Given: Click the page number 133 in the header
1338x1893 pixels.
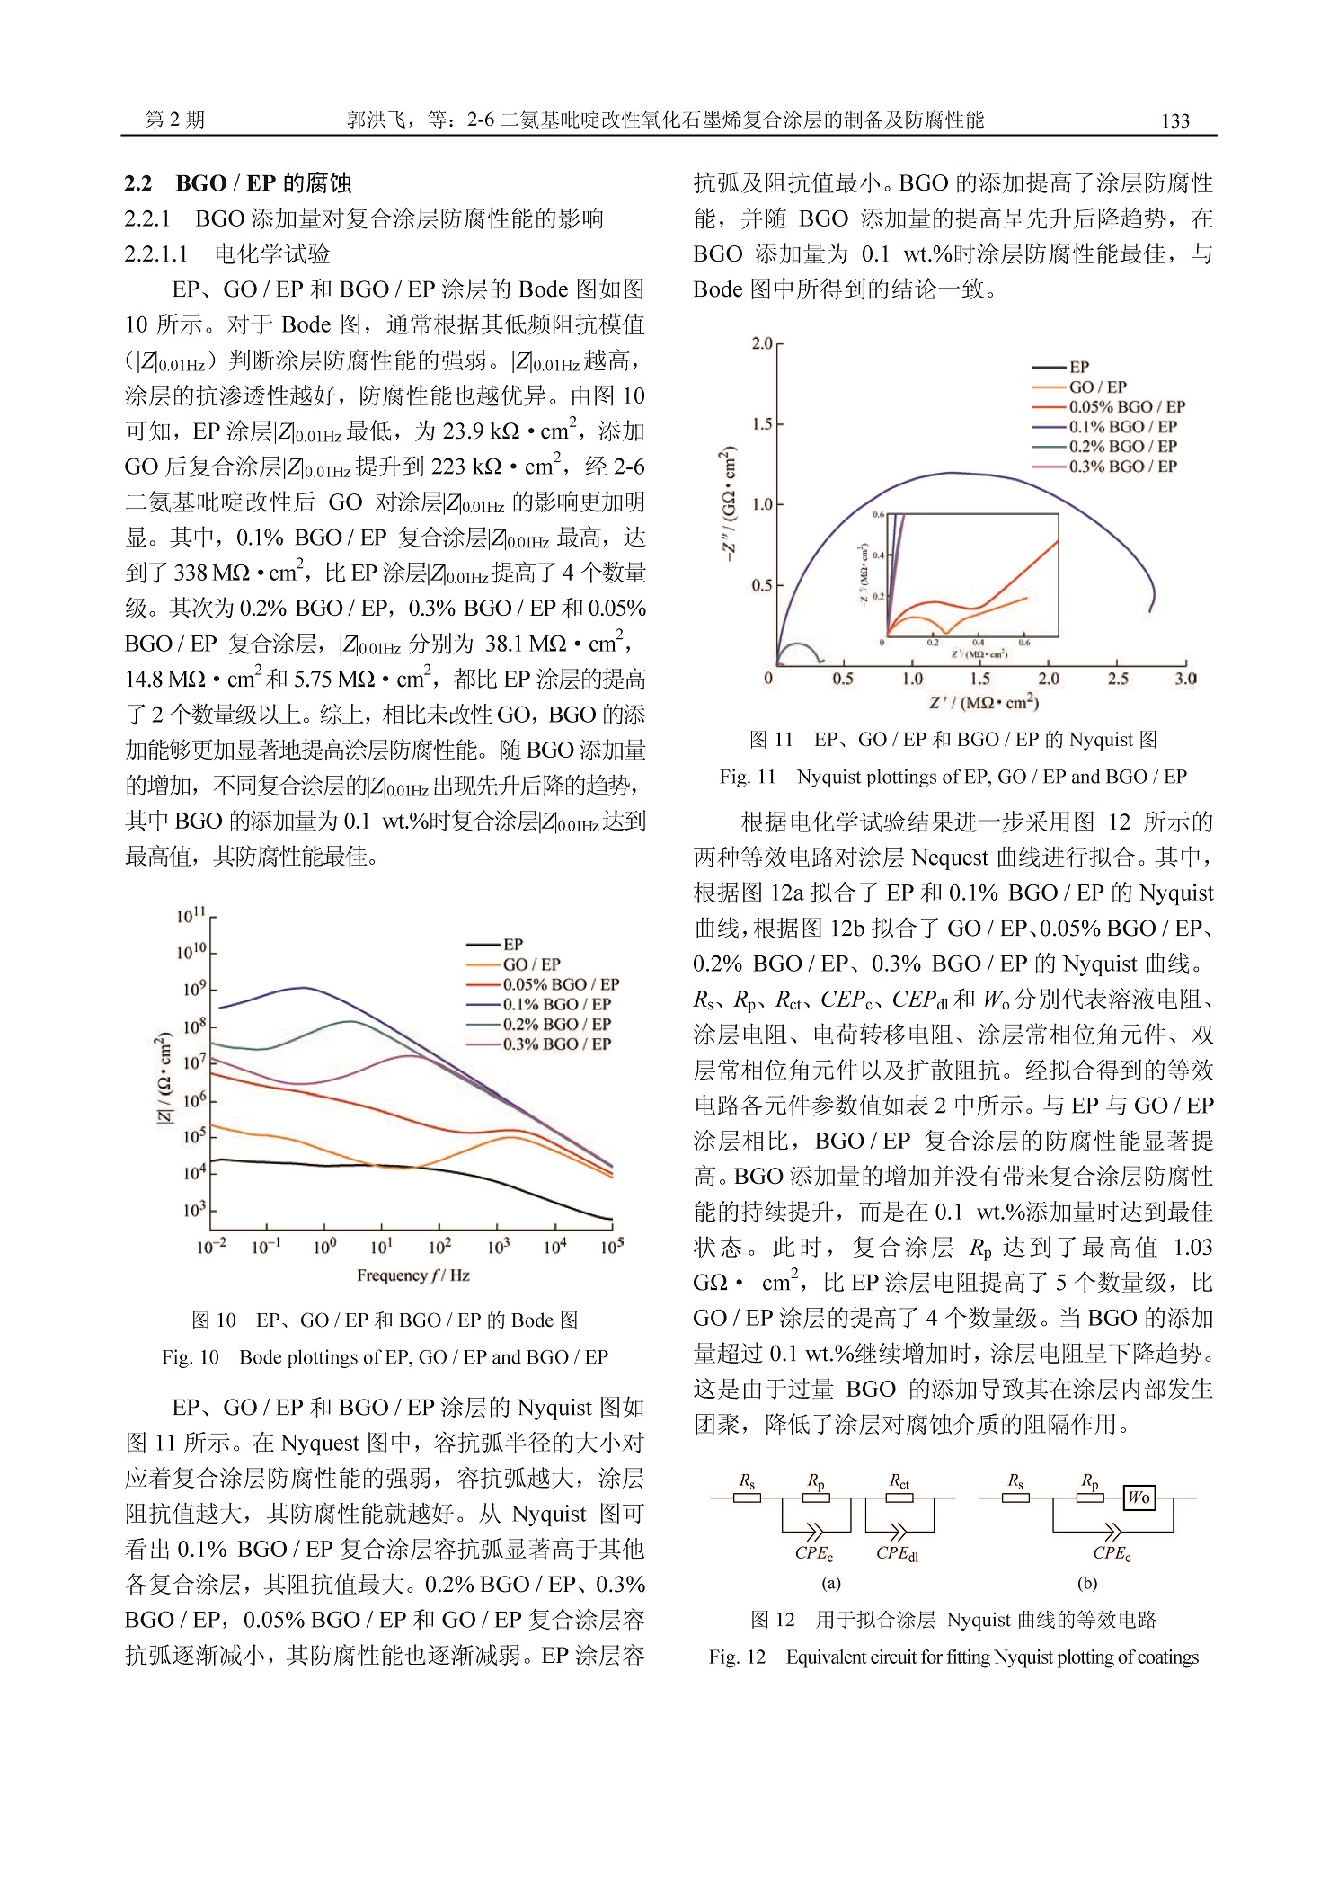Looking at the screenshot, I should tap(1174, 120).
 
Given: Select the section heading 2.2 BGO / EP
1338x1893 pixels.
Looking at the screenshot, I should tap(237, 183).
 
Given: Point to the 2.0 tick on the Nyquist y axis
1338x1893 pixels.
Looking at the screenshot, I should tap(762, 343).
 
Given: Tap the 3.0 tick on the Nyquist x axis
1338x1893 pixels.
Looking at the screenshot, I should tap(1185, 679).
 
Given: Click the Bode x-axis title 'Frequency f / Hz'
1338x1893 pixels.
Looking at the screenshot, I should tap(412, 1275).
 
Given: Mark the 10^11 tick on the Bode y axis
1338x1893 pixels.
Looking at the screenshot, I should tap(191, 916).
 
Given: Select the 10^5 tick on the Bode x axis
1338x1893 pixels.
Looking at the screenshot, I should tap(612, 1247).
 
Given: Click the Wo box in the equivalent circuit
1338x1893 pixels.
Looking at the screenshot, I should tap(1139, 1497).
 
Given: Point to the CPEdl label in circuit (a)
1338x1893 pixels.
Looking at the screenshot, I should tap(897, 1552).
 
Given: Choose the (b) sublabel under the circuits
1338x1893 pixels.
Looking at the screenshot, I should tap(1087, 1583).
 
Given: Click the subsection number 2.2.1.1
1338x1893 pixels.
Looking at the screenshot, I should tap(156, 254).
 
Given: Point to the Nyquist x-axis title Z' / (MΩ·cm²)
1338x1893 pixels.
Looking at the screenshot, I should tap(984, 702).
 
